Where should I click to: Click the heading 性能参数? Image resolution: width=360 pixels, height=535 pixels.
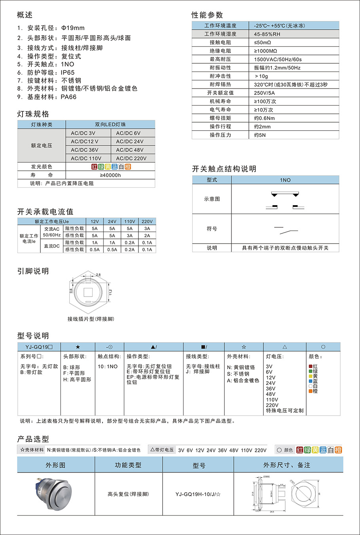(207, 15)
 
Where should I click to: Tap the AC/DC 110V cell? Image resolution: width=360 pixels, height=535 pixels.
(86, 158)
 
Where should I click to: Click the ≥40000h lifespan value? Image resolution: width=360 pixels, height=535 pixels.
(110, 175)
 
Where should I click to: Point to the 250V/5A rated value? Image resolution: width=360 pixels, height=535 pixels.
(264, 93)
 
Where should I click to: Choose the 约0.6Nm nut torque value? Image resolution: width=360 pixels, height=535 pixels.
(264, 118)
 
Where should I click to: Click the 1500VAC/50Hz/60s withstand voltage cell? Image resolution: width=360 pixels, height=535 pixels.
(278, 59)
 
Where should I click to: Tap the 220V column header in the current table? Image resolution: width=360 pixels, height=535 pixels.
(147, 221)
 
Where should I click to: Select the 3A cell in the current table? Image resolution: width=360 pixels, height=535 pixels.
(147, 229)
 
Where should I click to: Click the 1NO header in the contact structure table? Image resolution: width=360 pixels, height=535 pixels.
(285, 180)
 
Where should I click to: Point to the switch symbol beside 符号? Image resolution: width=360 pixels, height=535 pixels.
(286, 229)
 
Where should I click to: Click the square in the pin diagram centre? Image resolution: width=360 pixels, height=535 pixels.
(87, 293)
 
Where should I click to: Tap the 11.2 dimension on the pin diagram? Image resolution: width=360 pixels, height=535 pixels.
(110, 292)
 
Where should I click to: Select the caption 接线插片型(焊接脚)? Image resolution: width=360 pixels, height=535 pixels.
(91, 319)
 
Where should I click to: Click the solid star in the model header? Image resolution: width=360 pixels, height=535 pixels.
(78, 347)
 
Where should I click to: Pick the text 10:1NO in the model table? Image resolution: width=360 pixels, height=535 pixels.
(108, 367)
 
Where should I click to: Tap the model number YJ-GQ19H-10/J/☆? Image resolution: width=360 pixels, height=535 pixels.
(198, 494)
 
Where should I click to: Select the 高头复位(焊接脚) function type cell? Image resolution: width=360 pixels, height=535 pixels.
(128, 494)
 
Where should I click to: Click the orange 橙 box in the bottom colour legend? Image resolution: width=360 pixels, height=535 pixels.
(338, 450)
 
